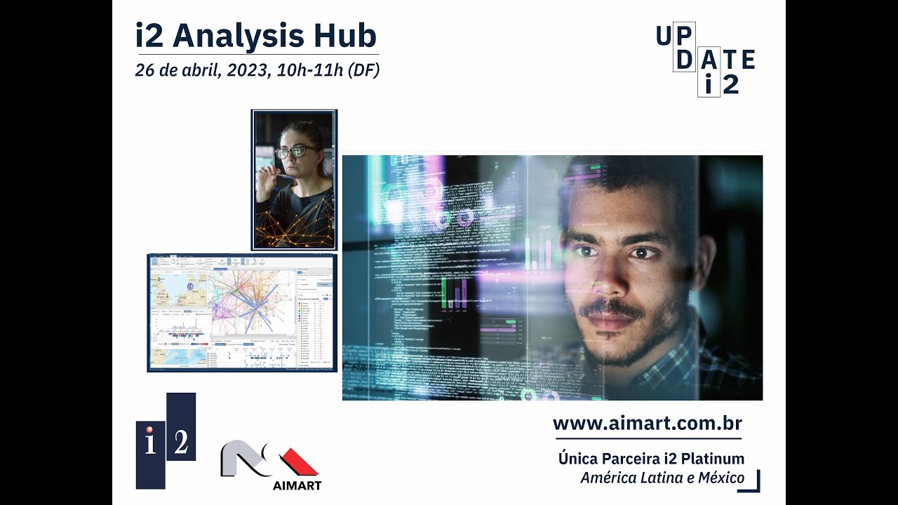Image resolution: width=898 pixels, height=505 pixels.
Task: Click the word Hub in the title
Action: click(x=345, y=36)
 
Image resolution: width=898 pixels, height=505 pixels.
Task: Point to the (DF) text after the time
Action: click(x=363, y=71)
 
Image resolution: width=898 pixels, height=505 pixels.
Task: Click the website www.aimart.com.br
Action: click(x=647, y=424)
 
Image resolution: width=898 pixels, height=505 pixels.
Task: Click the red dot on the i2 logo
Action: click(x=149, y=429)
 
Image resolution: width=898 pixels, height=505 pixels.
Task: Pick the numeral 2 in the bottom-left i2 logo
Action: click(x=181, y=442)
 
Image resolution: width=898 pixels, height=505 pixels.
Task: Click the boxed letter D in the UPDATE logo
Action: click(x=685, y=60)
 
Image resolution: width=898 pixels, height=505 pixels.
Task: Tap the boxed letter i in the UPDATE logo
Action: click(x=709, y=85)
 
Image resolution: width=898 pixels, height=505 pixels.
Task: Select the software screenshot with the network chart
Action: click(x=242, y=313)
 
